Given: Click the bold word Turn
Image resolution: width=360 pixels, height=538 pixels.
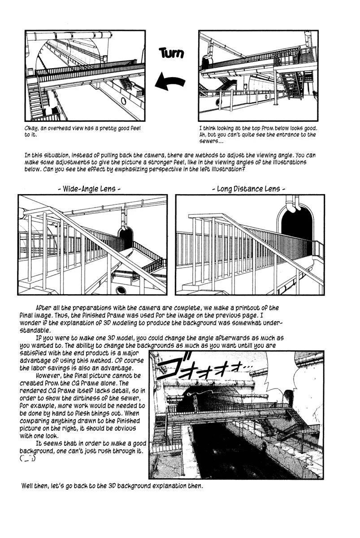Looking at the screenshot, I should pos(171,53).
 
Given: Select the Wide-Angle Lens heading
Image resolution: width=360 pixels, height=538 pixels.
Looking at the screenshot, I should pos(90,189).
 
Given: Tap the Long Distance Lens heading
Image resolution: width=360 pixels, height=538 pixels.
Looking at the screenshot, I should pos(248,189).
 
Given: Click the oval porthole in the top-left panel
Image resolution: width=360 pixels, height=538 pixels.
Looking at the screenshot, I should pos(123,100).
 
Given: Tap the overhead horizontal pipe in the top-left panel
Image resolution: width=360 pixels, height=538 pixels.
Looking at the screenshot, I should pos(67,35).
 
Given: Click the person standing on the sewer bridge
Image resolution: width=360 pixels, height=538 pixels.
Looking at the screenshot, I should pos(196,403).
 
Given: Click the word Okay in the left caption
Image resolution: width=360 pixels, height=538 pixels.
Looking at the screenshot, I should pos(32,129).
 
